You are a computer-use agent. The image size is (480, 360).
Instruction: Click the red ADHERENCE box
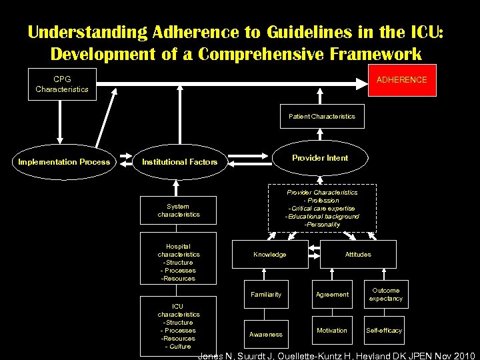(401, 79)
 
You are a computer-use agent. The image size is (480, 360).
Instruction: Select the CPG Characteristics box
(62, 84)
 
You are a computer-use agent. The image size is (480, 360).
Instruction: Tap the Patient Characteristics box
(322, 116)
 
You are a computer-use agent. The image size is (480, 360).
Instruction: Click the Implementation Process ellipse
(64, 162)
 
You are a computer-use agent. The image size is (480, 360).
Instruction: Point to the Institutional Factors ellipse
(179, 162)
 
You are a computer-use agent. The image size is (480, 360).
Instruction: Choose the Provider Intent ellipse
(320, 158)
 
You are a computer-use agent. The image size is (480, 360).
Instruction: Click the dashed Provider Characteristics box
(322, 208)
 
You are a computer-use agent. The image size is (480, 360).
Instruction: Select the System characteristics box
(178, 211)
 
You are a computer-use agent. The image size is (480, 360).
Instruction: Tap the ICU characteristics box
(178, 326)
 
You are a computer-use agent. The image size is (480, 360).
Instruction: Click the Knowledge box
(270, 254)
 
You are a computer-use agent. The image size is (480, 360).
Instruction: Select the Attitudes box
(358, 254)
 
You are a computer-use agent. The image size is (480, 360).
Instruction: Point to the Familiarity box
(266, 294)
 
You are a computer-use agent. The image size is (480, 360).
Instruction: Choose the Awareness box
(266, 334)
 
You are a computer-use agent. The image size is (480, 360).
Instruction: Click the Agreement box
(332, 294)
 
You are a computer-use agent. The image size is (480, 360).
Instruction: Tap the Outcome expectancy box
(386, 294)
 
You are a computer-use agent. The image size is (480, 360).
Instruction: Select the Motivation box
(332, 330)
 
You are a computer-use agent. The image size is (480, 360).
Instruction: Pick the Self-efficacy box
(384, 330)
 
